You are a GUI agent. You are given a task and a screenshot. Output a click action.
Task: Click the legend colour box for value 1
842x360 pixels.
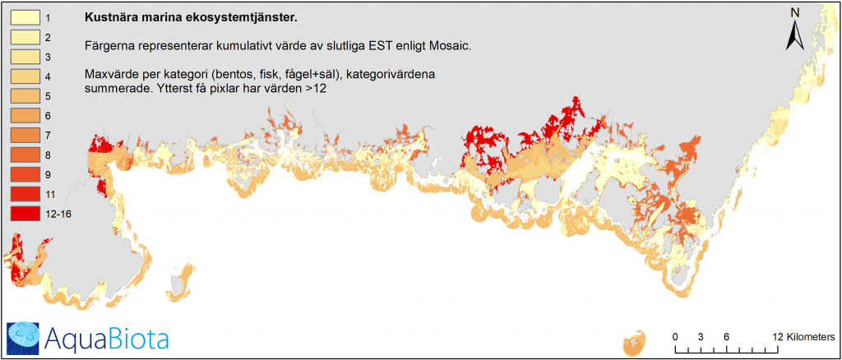pos(25,18)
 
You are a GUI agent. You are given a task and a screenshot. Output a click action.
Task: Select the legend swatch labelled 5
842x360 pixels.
pos(25,96)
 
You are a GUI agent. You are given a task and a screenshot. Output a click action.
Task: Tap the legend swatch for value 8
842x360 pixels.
pos(25,155)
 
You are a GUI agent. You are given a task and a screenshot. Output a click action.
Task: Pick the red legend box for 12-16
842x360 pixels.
pos(25,213)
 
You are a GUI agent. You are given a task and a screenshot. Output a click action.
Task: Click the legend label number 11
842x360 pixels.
pos(49,194)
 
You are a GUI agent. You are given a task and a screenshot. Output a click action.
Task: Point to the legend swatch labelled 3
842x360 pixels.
pos(25,57)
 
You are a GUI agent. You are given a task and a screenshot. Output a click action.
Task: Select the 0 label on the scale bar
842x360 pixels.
pos(675,338)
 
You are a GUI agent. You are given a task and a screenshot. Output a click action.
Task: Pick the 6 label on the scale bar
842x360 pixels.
pos(726,338)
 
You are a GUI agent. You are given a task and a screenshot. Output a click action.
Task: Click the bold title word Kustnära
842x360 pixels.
pos(105,18)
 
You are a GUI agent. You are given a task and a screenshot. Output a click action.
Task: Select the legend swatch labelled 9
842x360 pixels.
pos(25,174)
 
